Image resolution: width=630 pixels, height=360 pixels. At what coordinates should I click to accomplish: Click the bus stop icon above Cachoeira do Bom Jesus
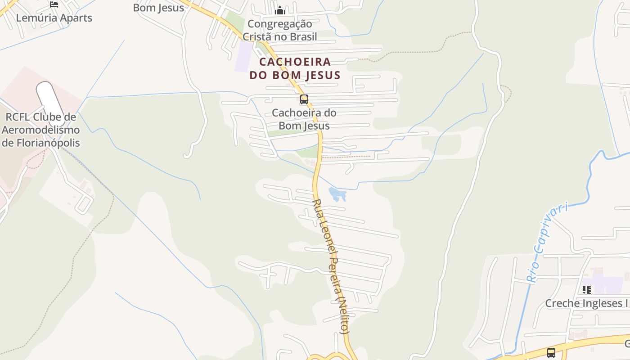304,99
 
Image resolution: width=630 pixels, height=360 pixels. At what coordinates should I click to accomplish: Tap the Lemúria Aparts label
54,18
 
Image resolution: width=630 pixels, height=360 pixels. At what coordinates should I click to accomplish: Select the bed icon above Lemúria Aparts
54,4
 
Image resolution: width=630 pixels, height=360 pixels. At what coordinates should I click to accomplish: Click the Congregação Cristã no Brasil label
279,30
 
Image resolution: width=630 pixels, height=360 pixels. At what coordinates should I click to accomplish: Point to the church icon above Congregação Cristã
280,10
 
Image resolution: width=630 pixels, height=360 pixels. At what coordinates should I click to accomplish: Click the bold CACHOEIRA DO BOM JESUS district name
295,68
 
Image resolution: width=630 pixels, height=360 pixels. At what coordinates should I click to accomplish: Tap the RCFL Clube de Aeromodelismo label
41,130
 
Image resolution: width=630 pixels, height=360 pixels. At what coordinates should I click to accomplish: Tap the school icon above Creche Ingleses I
586,289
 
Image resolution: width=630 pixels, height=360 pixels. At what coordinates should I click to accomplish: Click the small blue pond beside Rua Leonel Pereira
337,194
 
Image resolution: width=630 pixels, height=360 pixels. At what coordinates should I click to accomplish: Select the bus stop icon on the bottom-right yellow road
551,352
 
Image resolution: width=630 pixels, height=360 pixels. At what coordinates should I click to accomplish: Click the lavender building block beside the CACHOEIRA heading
245,57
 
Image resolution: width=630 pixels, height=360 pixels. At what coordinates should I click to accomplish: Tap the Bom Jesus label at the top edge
158,8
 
